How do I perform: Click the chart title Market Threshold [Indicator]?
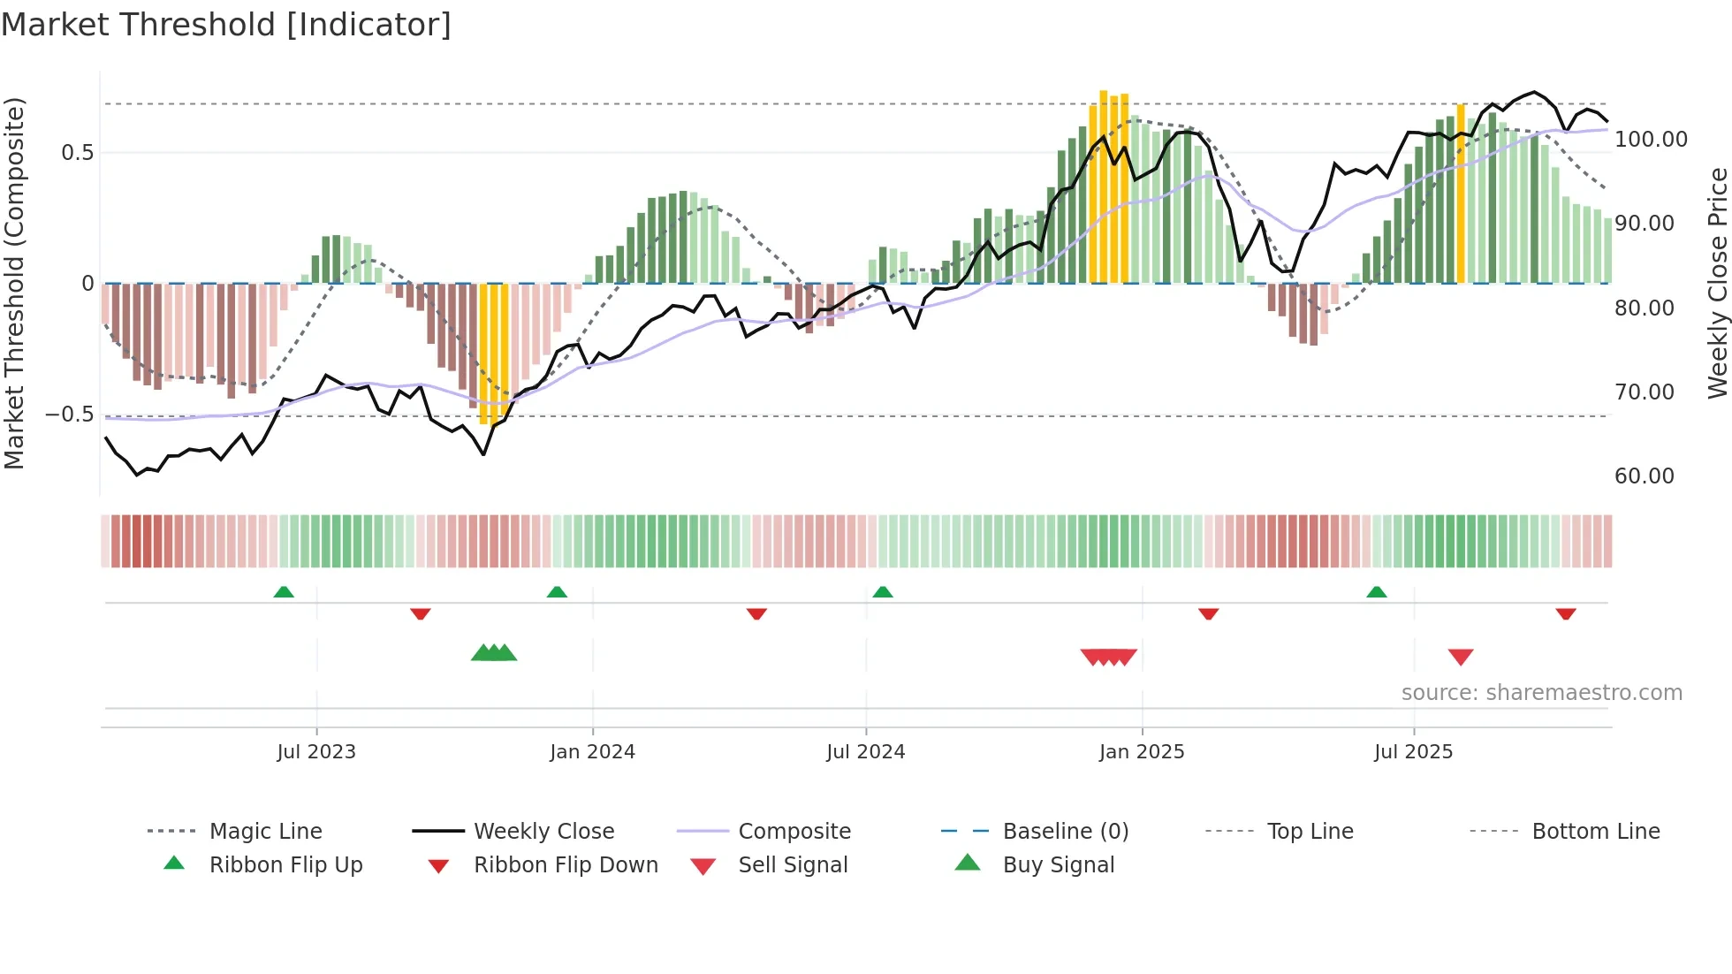pos(226,25)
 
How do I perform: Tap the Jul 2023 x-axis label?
pos(315,752)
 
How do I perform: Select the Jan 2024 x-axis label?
pos(592,752)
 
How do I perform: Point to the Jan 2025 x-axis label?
pos(1141,752)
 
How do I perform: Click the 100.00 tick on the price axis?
pos(1651,140)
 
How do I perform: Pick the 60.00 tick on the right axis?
pos(1644,476)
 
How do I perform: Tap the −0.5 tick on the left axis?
pos(69,415)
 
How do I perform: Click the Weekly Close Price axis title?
pos(1717,283)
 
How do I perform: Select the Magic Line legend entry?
pos(265,832)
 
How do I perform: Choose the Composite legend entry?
pos(794,832)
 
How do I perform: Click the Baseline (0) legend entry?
pos(1065,832)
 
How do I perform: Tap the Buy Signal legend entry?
pos(1058,865)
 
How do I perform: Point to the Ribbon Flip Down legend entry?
pos(566,865)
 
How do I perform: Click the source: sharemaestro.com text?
pos(1541,693)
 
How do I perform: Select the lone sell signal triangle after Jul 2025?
pos(1461,657)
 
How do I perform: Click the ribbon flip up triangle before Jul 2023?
pos(284,592)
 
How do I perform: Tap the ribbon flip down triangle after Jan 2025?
pos(1208,613)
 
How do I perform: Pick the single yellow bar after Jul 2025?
pos(1461,194)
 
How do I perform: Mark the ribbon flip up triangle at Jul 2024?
pos(883,592)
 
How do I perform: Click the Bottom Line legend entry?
pos(1595,832)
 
